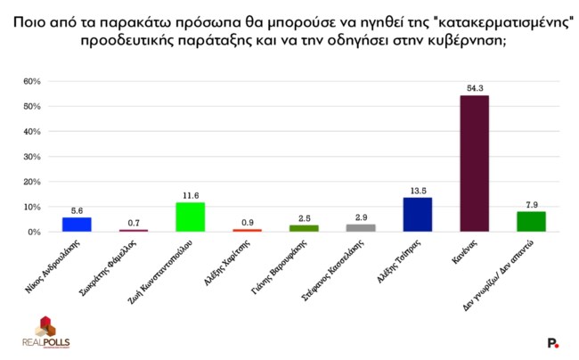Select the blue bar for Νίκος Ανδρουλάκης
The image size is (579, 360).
click(76, 224)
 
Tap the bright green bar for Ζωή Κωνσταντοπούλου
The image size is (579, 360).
click(190, 217)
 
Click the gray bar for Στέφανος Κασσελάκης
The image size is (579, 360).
click(361, 227)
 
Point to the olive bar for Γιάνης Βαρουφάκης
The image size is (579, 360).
click(304, 228)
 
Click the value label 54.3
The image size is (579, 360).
click(474, 88)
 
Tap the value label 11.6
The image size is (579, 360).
click(190, 195)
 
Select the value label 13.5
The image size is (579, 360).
click(417, 190)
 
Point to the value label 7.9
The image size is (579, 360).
click(531, 204)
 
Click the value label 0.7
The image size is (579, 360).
click(133, 222)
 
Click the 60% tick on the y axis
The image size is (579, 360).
click(33, 82)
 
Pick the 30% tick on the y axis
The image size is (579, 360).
click(33, 157)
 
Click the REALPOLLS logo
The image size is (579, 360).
click(45, 331)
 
